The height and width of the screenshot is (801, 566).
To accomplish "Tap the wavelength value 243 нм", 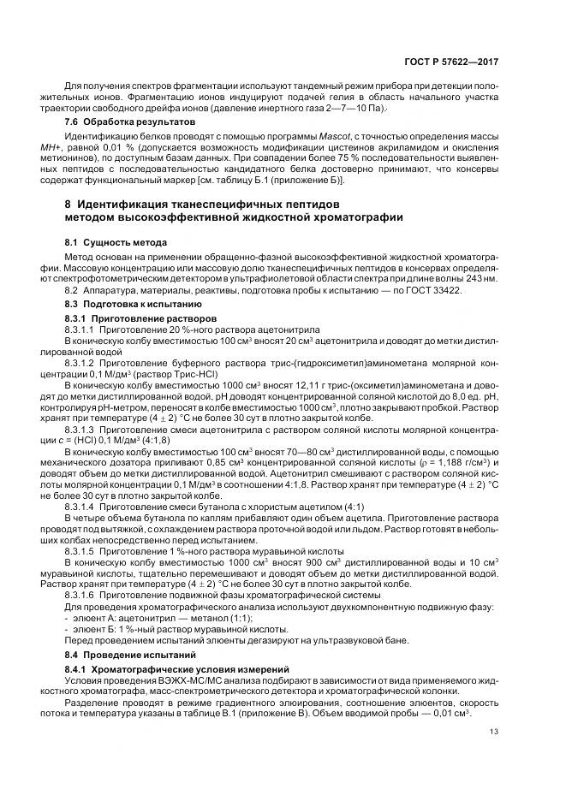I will click(x=480, y=279).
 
